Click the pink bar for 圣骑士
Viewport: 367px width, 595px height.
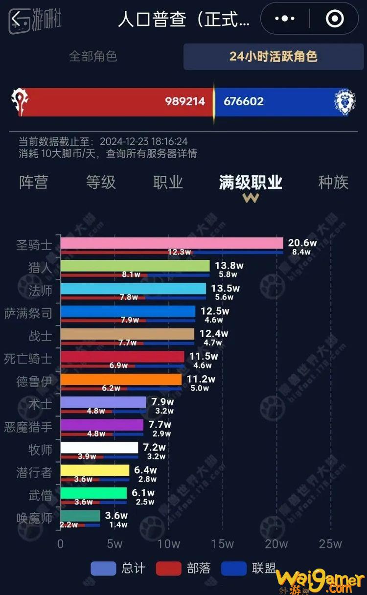171,243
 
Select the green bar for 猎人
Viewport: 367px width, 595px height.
135,266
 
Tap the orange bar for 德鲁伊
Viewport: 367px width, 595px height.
121,379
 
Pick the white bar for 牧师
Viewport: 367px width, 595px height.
99,447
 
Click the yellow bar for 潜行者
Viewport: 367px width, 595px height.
95,470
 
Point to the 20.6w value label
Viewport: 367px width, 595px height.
302,243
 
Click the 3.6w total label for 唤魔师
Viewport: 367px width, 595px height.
116,515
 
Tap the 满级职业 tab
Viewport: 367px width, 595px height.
251,183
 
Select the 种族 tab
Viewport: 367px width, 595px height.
333,183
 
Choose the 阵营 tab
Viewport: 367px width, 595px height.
34,183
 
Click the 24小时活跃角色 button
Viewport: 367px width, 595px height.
273,56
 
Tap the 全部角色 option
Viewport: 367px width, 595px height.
92,56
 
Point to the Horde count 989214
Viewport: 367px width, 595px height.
185,101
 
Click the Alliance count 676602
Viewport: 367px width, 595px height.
244,101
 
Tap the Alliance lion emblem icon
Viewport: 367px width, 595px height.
345,102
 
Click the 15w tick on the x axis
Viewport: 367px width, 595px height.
222,544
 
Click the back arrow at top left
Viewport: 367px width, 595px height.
16,20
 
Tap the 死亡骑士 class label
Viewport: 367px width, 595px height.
28,359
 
